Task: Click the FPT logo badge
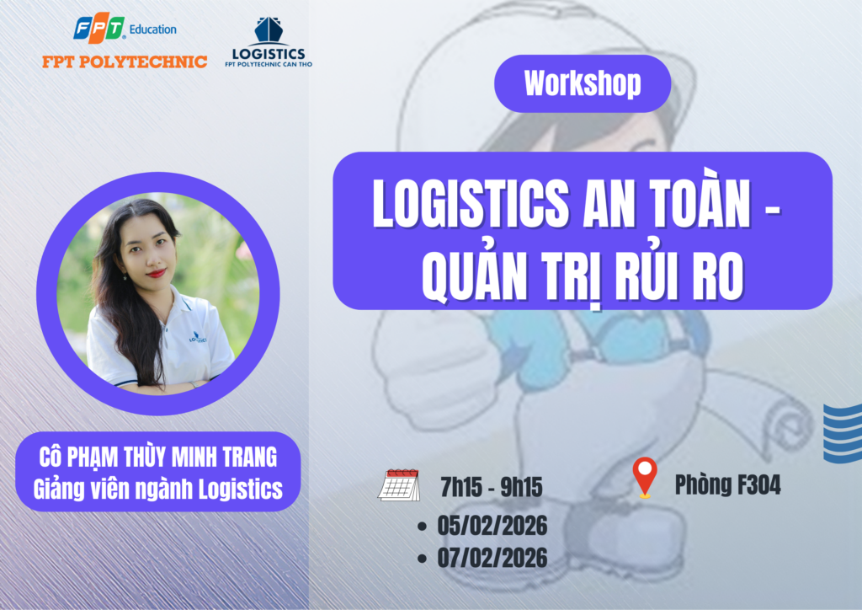(99, 28)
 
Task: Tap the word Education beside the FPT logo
(153, 29)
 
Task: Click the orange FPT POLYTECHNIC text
(125, 62)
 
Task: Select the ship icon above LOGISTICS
(269, 30)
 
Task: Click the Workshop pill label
(583, 83)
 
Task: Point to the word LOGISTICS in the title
(471, 204)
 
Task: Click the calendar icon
(399, 484)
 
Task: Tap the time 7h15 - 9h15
(492, 487)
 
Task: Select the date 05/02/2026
(492, 525)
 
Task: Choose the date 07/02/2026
(492, 558)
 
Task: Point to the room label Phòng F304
(728, 485)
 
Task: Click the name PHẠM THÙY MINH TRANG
(175, 457)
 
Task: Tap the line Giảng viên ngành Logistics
(157, 489)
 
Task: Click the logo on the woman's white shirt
(198, 337)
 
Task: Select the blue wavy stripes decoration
(843, 433)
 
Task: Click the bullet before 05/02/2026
(423, 527)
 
